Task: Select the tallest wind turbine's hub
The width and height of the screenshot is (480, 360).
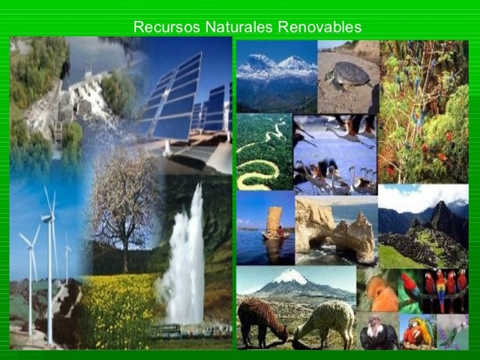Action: (47, 218)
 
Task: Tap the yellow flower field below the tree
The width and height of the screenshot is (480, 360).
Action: (120, 307)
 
